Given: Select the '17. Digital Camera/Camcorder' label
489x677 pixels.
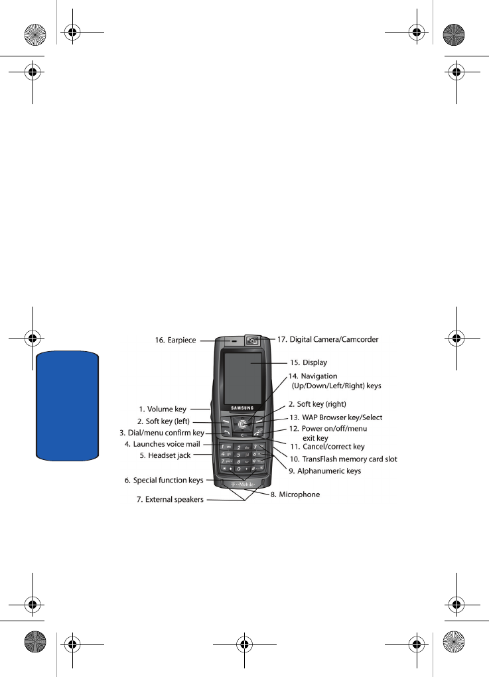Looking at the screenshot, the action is click(328, 339).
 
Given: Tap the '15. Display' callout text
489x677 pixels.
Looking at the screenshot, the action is click(308, 362).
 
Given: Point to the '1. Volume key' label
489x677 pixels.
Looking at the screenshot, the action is click(163, 409).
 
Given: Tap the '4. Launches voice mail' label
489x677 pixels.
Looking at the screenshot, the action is click(163, 444).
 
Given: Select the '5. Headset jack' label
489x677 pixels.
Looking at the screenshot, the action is click(165, 455).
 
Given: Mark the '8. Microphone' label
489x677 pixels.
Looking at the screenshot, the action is click(295, 494).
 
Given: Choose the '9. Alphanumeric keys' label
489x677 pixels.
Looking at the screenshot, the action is click(324, 471).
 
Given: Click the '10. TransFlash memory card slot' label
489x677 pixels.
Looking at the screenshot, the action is click(343, 459).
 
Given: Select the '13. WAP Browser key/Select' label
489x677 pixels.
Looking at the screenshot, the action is click(336, 417).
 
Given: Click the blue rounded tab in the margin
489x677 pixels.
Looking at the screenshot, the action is click(68, 406).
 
